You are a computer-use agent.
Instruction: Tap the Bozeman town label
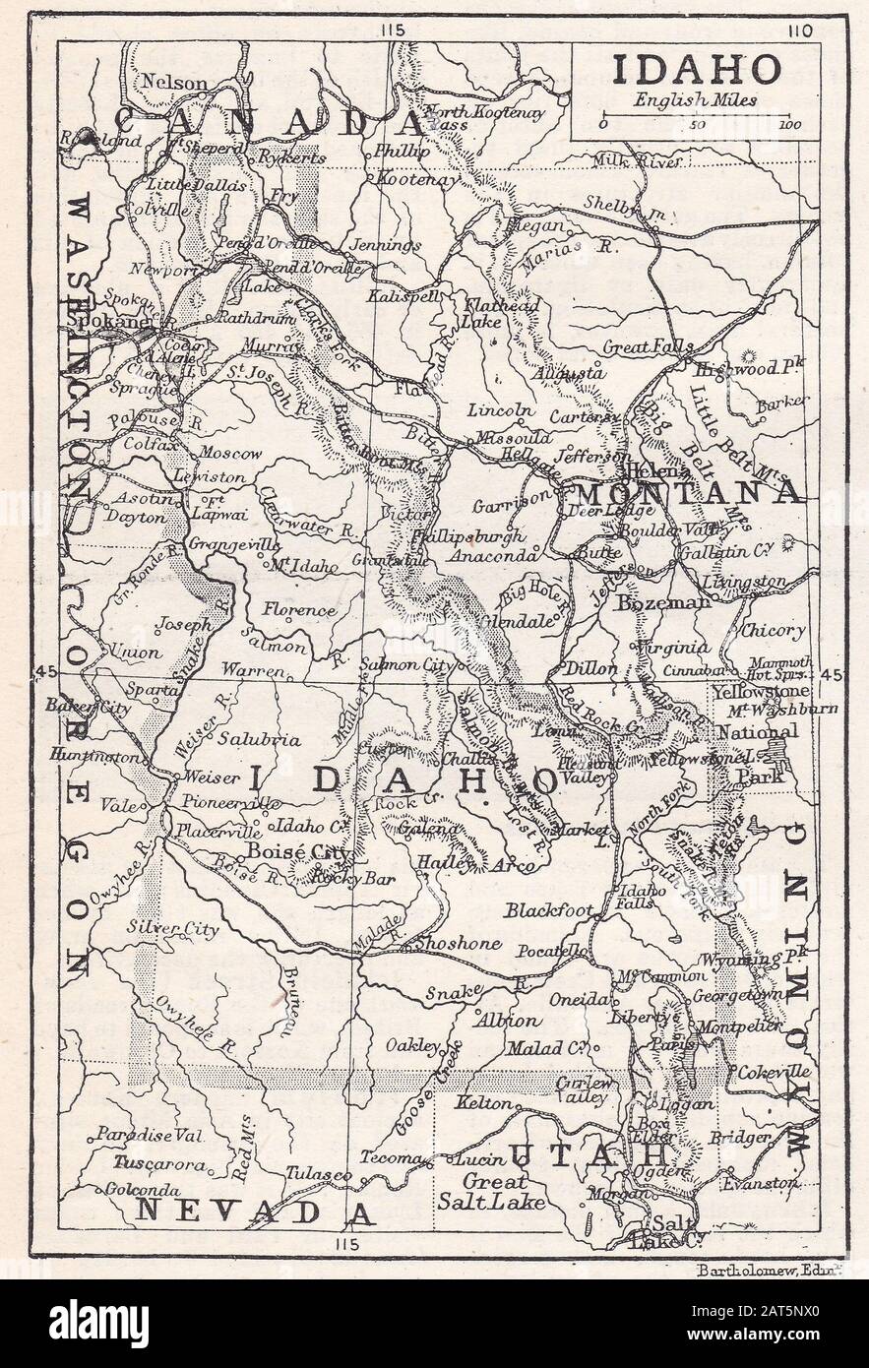coord(662,601)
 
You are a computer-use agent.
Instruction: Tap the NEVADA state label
coord(254,1211)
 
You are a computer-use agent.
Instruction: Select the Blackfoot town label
coord(549,910)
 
